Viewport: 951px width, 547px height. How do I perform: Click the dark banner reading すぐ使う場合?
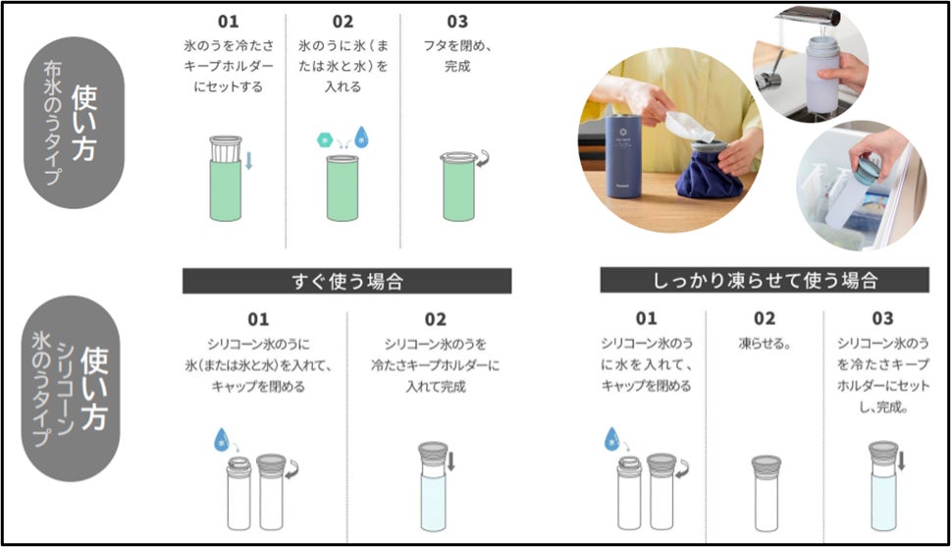pos(346,281)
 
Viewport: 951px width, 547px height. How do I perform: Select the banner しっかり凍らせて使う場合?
pos(765,280)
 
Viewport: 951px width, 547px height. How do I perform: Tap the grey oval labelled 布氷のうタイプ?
pos(74,123)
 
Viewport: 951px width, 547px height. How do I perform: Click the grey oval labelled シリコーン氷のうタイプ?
pos(71,389)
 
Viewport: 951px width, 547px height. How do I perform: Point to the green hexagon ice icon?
pos(325,140)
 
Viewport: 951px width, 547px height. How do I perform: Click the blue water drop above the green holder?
pos(361,137)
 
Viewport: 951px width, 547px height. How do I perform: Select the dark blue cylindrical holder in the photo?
pos(620,155)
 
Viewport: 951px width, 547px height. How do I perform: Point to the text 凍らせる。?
pos(765,344)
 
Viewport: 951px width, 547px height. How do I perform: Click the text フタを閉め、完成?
pos(457,56)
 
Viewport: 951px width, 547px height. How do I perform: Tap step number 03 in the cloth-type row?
pos(457,22)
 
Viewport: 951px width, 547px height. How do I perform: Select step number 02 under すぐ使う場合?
pos(436,319)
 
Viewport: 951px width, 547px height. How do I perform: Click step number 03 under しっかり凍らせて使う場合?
pos(882,318)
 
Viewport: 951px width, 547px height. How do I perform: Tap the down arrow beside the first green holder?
pos(248,160)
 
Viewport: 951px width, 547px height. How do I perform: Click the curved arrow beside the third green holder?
pos(482,159)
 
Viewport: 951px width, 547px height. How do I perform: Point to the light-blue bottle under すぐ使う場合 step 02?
pos(433,487)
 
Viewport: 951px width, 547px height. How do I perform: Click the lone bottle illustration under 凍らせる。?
pos(766,494)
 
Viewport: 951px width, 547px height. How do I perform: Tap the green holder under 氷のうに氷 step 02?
pos(343,189)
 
